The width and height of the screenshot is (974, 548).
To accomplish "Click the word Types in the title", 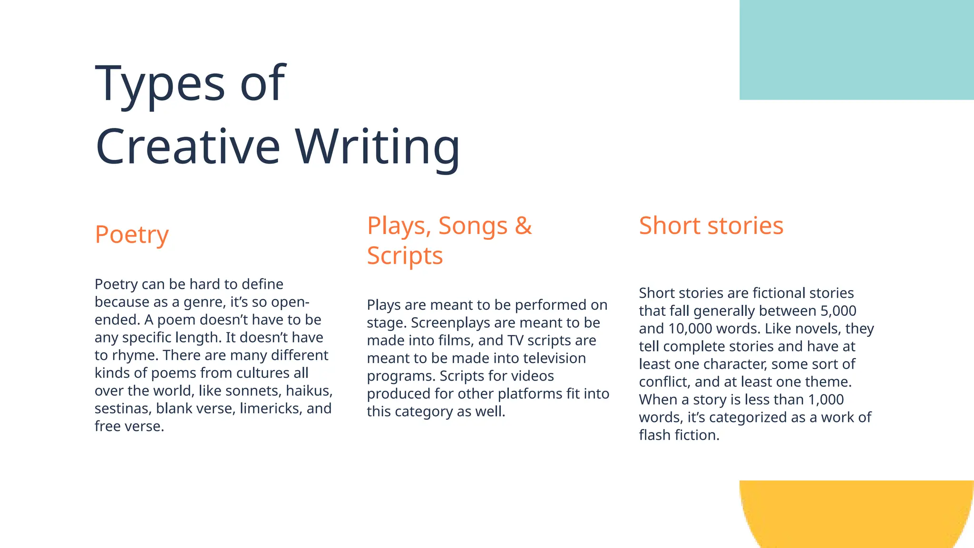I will click(x=160, y=84).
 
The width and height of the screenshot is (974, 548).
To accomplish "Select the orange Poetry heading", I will click(x=132, y=235).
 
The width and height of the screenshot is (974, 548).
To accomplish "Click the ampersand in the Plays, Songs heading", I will click(x=523, y=225).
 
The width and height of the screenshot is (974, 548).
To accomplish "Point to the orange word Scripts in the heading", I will click(x=405, y=256).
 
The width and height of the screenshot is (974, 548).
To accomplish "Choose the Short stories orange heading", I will click(x=711, y=225).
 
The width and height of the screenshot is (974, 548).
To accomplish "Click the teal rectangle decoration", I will click(x=857, y=49).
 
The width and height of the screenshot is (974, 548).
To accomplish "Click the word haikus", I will click(x=309, y=391).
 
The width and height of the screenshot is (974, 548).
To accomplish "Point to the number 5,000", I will click(x=838, y=311).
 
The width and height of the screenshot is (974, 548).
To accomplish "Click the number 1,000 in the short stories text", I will click(x=826, y=400).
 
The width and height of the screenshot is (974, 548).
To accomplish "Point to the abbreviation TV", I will click(x=515, y=341).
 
